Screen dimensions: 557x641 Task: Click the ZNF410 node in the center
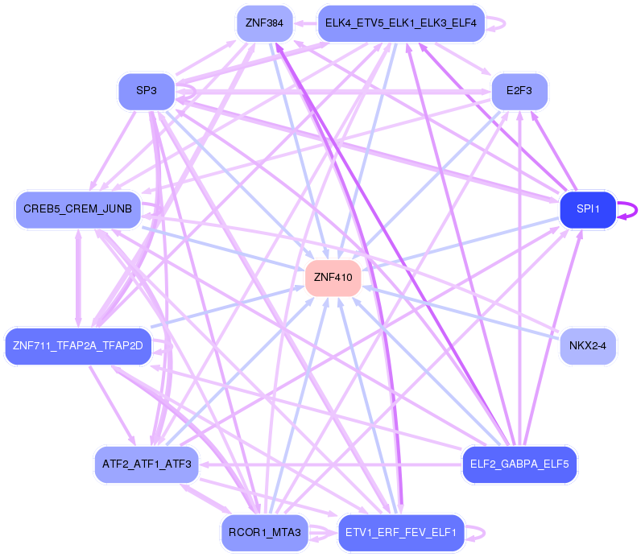point(333,278)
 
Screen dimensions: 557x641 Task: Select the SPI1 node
point(588,209)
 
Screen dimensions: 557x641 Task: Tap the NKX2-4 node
point(588,347)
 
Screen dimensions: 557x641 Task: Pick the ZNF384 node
point(264,23)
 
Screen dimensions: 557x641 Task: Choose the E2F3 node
point(519,91)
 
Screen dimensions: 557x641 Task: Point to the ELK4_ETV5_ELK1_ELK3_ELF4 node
point(400,23)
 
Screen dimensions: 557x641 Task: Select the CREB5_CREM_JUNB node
point(78,209)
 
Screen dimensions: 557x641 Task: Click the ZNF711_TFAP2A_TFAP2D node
point(78,347)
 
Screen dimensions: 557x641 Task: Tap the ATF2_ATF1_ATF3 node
point(146,464)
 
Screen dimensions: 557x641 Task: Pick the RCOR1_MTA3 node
point(264,533)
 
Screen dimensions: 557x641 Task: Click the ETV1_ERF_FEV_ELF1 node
point(400,533)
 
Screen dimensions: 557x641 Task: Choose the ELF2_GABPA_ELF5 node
point(519,464)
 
